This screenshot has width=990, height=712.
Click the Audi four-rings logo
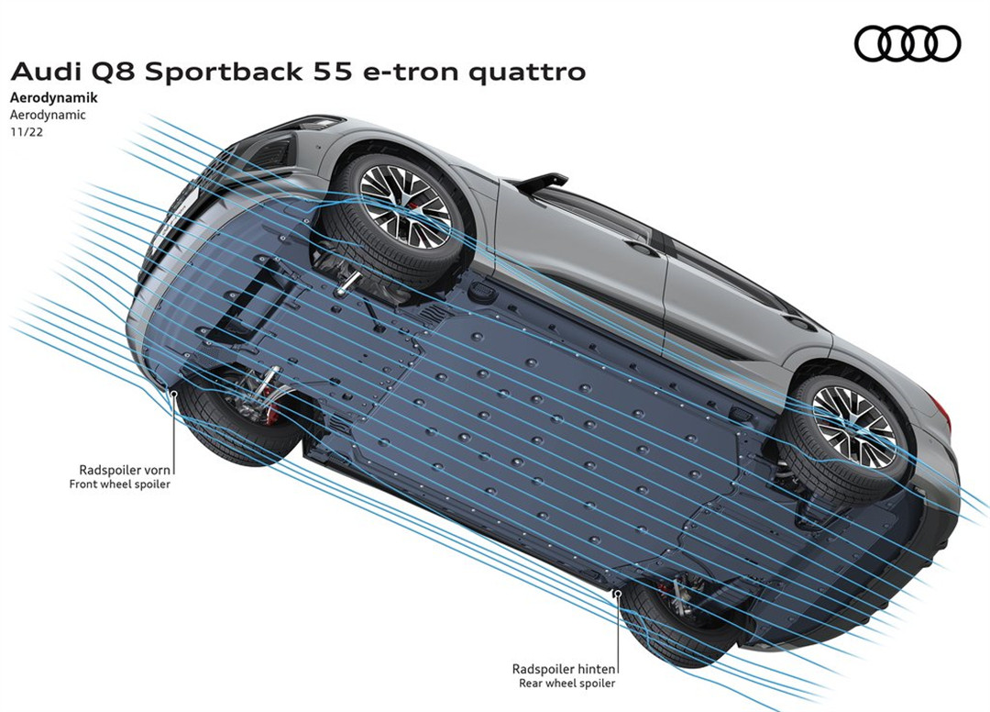(x=907, y=43)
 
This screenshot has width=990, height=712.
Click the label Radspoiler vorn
(x=126, y=469)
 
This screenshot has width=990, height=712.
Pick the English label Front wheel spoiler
(x=120, y=484)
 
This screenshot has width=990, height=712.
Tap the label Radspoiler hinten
(x=564, y=669)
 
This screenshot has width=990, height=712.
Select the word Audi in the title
(x=41, y=72)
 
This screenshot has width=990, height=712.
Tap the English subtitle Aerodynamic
(x=47, y=115)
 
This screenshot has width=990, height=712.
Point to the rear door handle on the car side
(x=800, y=323)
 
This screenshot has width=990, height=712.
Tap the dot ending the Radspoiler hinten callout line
(x=617, y=595)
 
